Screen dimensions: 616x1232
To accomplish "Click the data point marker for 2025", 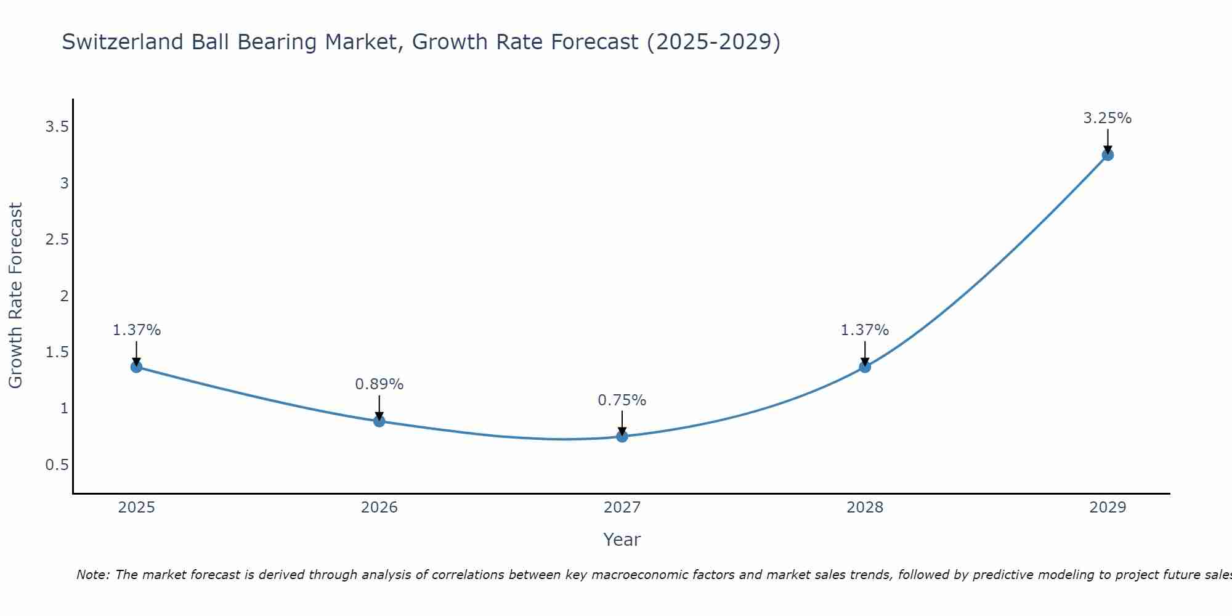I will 136,367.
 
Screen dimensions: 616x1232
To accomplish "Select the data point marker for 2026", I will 379,421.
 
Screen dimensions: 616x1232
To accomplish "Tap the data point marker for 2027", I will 622,436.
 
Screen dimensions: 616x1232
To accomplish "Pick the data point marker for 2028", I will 864,367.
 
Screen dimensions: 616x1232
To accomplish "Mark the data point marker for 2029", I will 1107,155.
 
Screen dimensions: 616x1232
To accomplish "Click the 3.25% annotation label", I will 1107,118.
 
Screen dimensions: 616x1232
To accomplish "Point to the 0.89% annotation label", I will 379,384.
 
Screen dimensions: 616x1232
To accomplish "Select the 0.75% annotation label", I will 622,400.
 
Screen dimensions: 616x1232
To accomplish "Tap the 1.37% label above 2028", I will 864,330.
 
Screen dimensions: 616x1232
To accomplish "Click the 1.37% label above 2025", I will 136,330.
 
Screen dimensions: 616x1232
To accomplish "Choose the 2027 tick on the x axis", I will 622,507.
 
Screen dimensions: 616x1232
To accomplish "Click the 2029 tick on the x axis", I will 1107,507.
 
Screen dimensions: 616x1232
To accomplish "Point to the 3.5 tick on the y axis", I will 56,127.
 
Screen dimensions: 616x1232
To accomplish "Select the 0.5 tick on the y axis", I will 56,464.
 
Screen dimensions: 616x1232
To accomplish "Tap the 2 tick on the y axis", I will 63,296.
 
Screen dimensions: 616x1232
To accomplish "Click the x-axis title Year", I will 622,539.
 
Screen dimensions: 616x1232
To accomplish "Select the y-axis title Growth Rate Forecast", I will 15,295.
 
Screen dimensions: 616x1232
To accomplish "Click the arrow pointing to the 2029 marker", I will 1107,141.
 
